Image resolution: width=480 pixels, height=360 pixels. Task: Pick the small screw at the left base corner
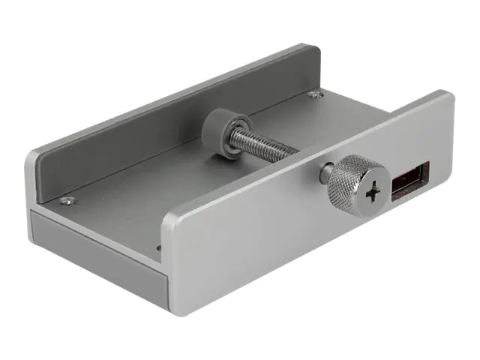(x=67, y=200)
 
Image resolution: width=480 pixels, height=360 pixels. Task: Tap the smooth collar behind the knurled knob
(x=327, y=174)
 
